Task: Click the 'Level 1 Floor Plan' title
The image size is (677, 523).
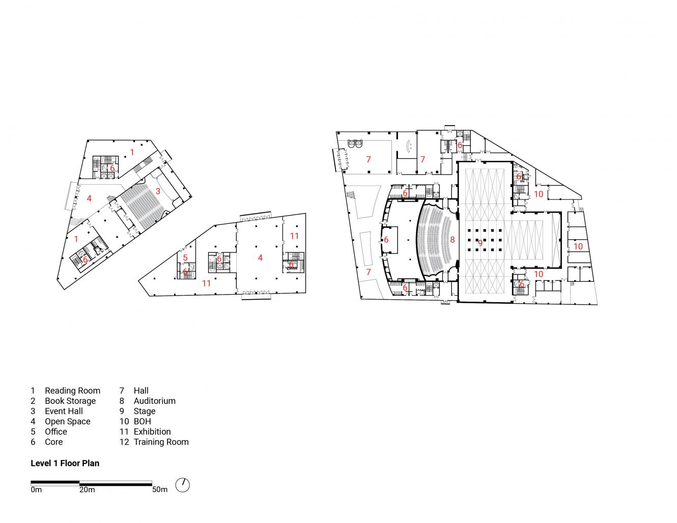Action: [65, 463]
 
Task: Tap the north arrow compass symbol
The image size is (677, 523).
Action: [182, 485]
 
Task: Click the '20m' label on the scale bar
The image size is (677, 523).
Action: [87, 490]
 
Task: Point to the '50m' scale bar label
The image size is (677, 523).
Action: [159, 490]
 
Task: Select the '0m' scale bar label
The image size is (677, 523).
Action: [36, 490]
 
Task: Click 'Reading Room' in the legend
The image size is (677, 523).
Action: [72, 391]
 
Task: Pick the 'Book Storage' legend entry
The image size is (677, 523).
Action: [70, 401]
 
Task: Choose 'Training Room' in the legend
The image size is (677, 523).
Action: [161, 442]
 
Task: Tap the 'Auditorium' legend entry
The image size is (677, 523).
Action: [154, 401]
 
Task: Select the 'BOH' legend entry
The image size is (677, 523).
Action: [142, 421]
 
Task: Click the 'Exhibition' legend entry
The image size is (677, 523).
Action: [152, 431]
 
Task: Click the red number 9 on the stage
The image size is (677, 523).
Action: [479, 243]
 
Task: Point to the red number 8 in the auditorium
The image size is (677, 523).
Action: [452, 239]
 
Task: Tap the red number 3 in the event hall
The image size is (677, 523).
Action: [158, 191]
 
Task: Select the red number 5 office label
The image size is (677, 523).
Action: [185, 258]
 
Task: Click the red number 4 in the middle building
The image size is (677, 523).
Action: [260, 258]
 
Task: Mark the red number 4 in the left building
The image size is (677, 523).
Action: [89, 198]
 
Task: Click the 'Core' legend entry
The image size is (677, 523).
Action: [53, 442]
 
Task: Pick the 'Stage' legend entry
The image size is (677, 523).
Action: [145, 411]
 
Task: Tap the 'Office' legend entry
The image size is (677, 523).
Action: [55, 431]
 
